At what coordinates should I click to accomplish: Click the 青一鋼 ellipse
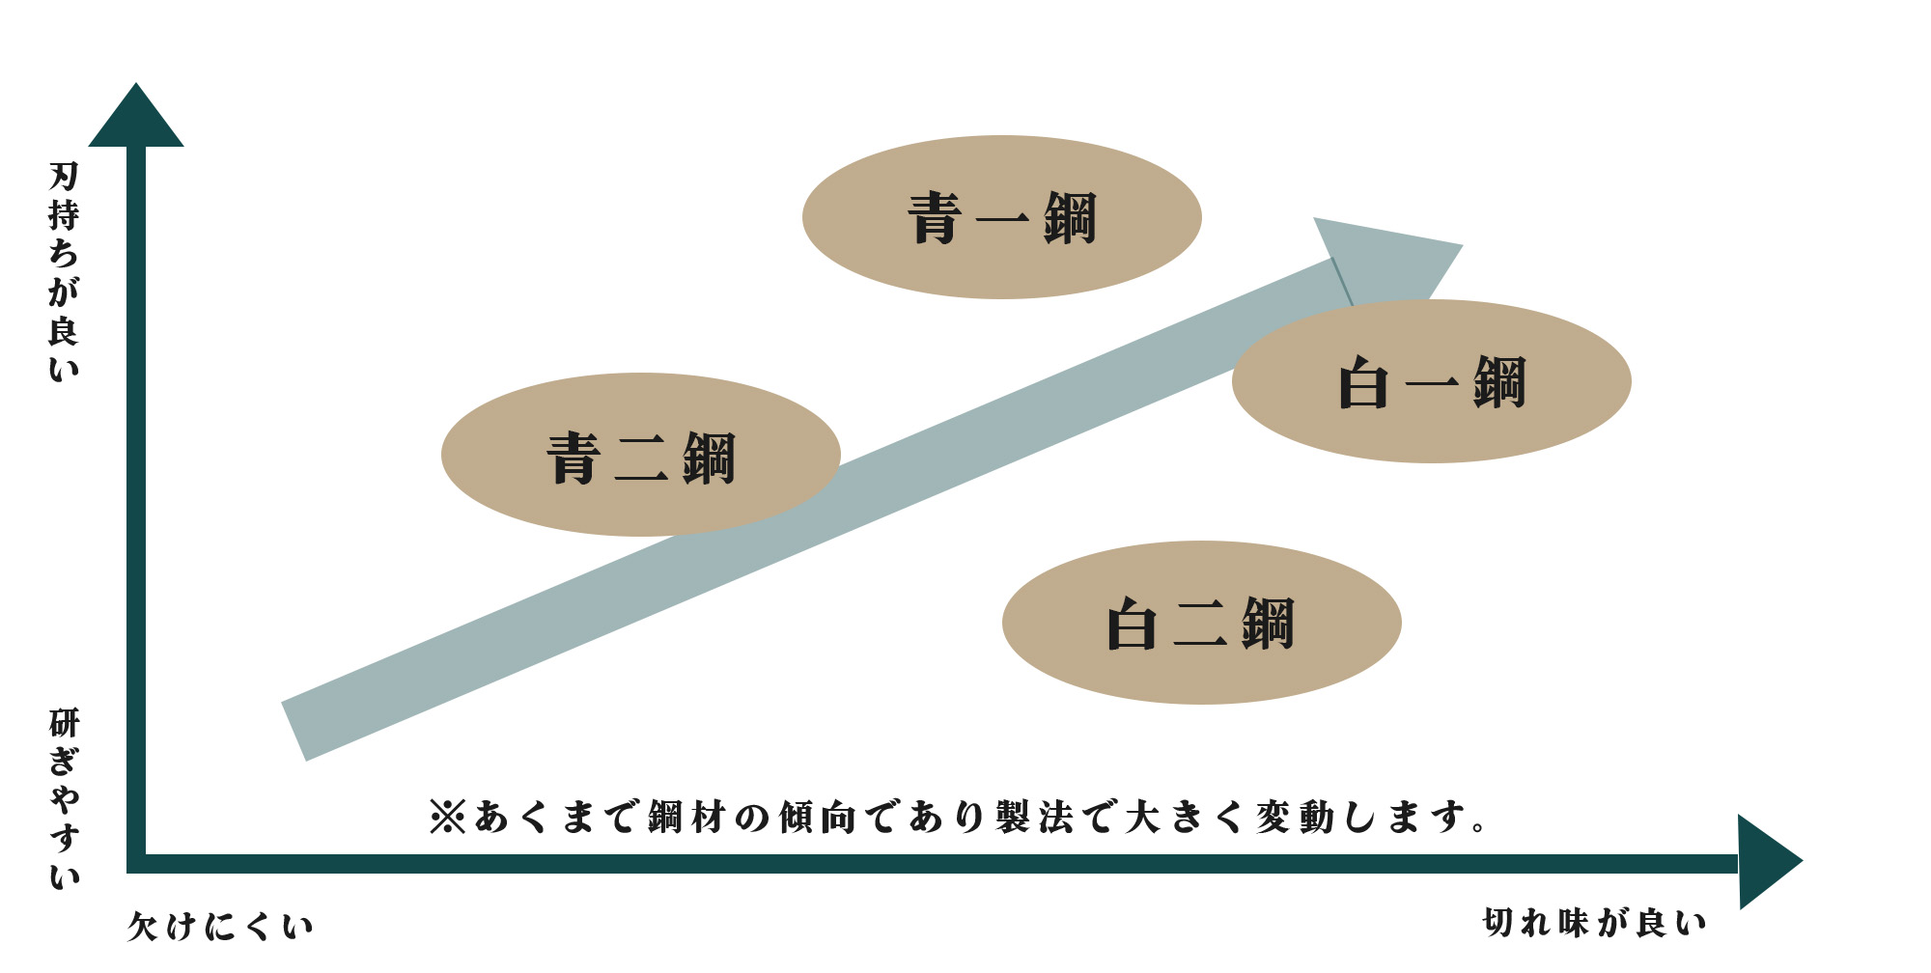[x=1002, y=217]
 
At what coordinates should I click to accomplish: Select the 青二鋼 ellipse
[x=641, y=455]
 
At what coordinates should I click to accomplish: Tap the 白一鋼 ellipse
[x=1432, y=381]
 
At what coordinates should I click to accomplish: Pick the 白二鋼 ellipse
[x=1202, y=623]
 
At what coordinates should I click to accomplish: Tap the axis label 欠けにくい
[x=221, y=927]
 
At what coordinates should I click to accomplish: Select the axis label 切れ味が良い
[x=1595, y=923]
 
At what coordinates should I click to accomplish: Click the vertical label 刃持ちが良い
[x=64, y=272]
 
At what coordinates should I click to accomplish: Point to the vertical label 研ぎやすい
[x=64, y=799]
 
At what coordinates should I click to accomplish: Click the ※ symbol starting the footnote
[x=448, y=818]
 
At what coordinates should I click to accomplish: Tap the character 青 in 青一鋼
[x=935, y=218]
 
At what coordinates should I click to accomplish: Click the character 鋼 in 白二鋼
[x=1268, y=624]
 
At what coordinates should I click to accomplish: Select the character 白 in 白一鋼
[x=1363, y=383]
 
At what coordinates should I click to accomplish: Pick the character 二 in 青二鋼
[x=641, y=458]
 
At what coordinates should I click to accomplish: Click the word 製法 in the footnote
[x=1038, y=818]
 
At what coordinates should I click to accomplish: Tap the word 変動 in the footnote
[x=1298, y=818]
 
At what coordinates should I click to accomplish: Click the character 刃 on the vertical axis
[x=64, y=177]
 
